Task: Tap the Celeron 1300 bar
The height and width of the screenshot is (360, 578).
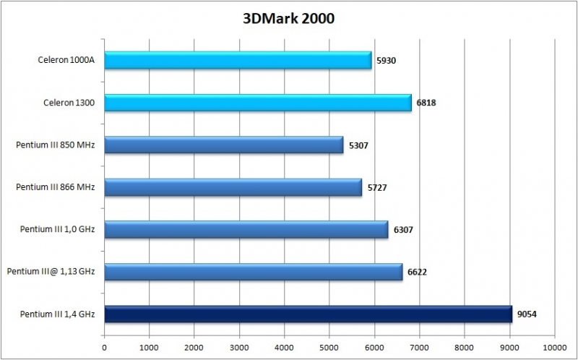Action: tap(258, 103)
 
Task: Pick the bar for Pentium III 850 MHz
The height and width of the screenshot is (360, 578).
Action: tap(224, 145)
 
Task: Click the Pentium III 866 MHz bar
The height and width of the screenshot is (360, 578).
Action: tap(233, 188)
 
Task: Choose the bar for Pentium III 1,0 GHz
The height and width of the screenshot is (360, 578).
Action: tap(246, 230)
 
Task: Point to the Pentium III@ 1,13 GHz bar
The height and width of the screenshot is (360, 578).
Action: tap(254, 272)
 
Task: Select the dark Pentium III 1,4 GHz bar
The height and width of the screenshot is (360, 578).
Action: tap(309, 314)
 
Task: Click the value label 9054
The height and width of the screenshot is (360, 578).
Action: tap(527, 314)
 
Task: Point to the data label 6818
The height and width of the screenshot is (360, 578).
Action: tap(426, 103)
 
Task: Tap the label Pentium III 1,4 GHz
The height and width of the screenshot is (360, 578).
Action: tap(59, 314)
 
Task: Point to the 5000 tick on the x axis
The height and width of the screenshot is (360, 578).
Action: tap(329, 346)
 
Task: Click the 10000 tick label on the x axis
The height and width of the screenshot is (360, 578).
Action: tap(554, 346)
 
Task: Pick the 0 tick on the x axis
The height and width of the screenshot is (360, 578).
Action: tap(105, 346)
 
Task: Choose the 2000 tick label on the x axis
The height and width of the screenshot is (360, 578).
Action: tap(194, 346)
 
